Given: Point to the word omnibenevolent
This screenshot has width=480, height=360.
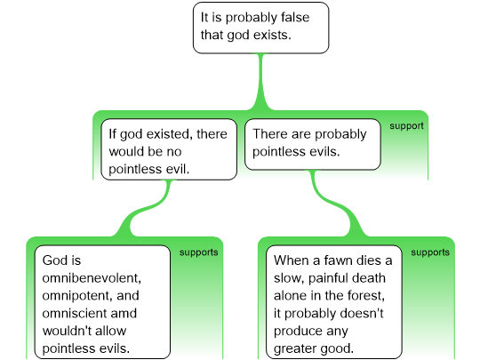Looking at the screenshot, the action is click(x=92, y=278).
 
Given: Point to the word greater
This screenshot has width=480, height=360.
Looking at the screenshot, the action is click(x=293, y=348).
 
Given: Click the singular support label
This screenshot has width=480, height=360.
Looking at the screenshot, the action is click(x=406, y=126).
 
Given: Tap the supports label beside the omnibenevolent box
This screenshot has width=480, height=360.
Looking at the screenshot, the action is click(x=199, y=252).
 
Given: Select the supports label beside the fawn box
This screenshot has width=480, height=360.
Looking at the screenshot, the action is click(x=430, y=252).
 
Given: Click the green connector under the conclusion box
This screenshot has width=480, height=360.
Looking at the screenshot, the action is click(x=260, y=82).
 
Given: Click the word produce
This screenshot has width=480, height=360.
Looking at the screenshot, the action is click(x=311, y=332).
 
